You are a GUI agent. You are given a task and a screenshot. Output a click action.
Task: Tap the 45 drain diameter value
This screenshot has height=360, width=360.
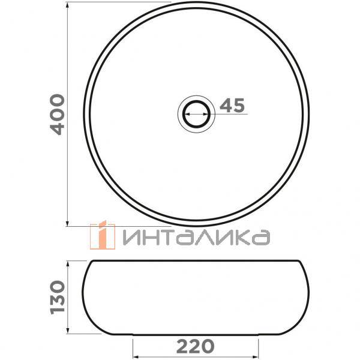(232, 106)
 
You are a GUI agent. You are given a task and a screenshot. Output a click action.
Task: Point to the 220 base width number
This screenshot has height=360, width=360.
(195, 346)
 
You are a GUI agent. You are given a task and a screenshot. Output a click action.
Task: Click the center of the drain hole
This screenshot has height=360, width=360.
(195, 112)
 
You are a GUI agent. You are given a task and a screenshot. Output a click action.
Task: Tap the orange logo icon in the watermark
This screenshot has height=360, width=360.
(102, 235)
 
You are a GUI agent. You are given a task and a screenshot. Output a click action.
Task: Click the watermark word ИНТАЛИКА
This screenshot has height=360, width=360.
(195, 237)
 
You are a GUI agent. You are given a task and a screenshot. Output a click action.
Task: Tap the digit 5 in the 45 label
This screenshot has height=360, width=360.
(238, 106)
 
